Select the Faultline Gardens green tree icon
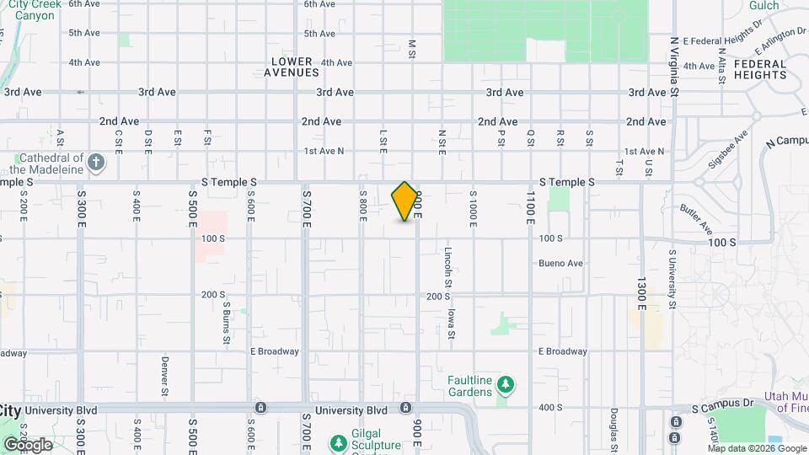point(506,386)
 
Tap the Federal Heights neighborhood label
point(760,69)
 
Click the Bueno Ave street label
point(561,264)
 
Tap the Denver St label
point(164,376)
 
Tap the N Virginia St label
point(674,67)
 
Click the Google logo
point(27,444)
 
